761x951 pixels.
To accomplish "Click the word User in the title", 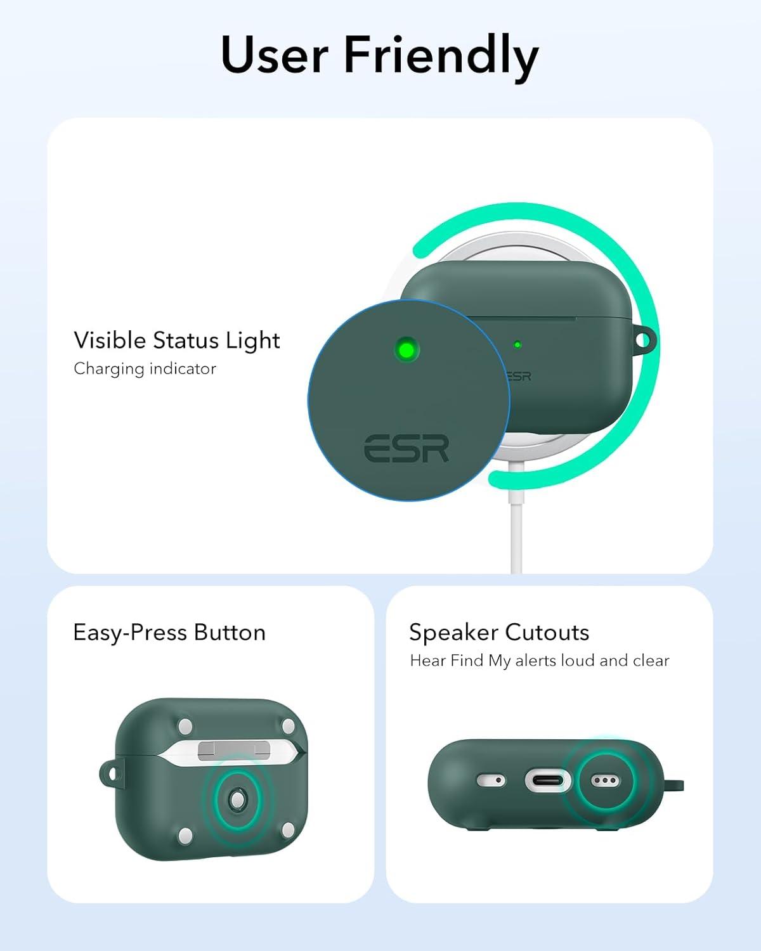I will point(275,55).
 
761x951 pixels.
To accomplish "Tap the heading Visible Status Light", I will point(176,340).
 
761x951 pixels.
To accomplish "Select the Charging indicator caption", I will point(145,369).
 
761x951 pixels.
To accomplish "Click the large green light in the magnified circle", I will point(406,349).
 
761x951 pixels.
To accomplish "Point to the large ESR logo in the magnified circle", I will point(407,448).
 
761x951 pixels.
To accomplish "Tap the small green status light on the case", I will point(517,345).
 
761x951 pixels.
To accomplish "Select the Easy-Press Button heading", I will point(169,633).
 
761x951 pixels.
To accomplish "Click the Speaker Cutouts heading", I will point(499,633).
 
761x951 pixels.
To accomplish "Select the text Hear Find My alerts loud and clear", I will point(539,661).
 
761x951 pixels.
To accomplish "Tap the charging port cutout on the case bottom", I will point(548,780).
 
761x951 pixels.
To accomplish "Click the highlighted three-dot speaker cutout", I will point(603,780).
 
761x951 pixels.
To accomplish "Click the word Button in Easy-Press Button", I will point(230,633).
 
